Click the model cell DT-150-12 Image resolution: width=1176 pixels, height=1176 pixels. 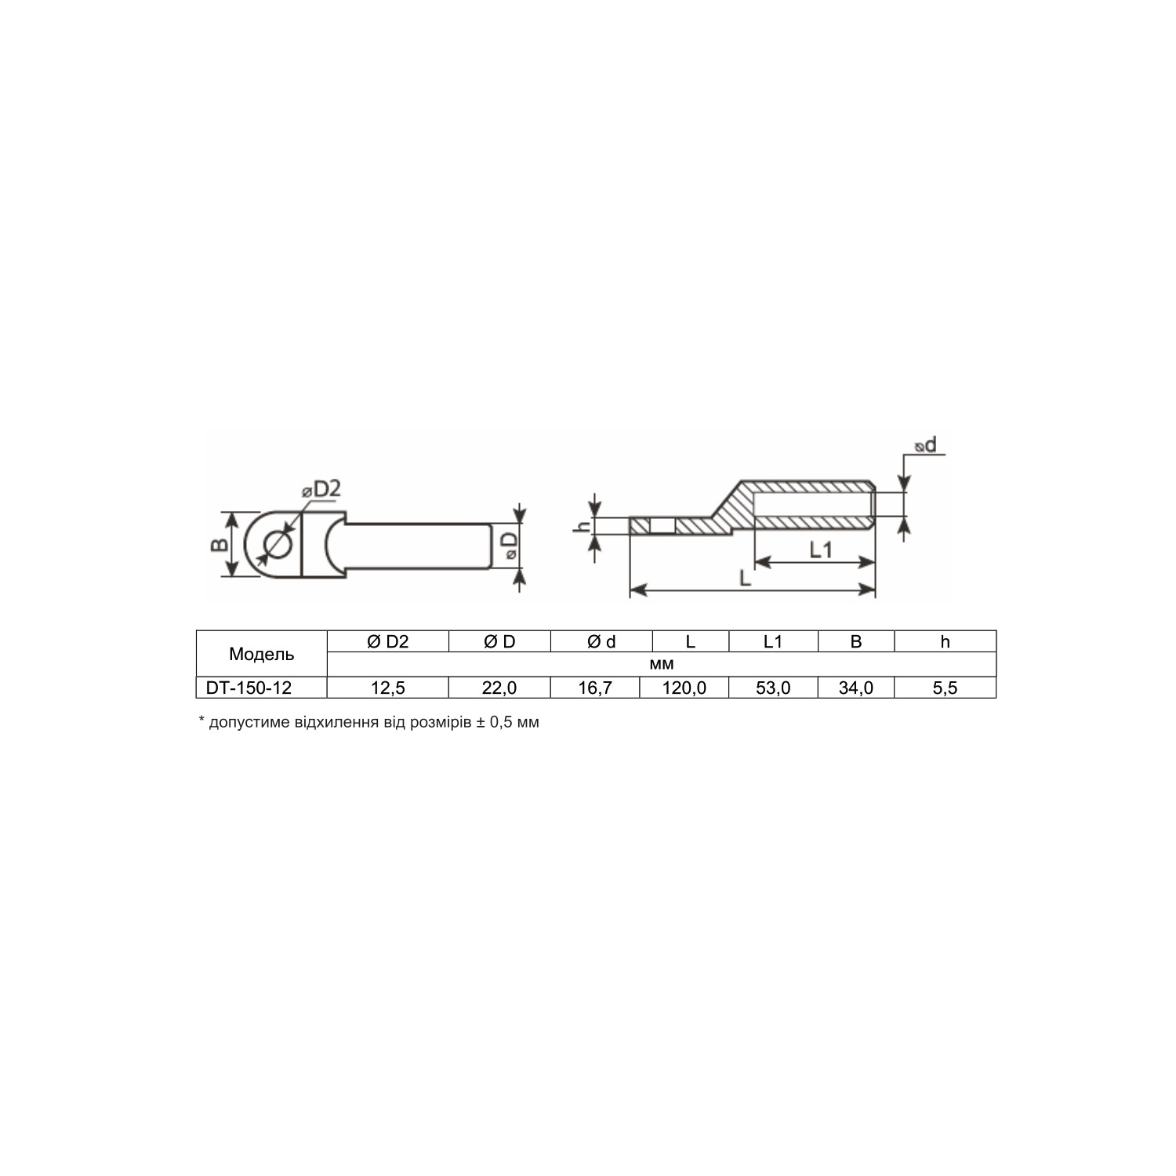249,688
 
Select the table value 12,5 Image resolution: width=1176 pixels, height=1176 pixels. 388,688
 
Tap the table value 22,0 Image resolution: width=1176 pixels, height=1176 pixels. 499,688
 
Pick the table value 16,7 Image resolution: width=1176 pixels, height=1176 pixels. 595,688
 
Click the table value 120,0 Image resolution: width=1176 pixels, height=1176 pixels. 684,688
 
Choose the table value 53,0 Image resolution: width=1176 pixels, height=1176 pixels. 773,688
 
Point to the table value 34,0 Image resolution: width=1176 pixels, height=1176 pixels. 855,688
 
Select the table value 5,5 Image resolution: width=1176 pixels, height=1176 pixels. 945,688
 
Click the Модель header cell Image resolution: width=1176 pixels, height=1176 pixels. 262,654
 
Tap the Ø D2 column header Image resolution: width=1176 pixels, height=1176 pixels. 388,641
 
